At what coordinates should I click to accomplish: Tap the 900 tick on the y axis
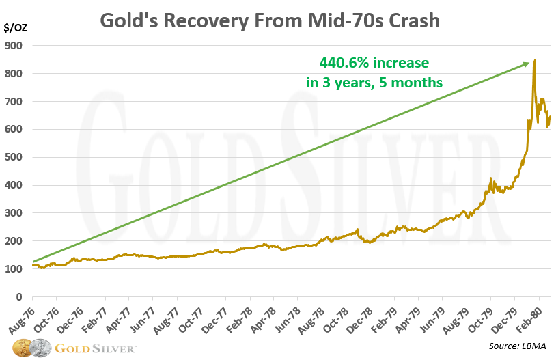pyautogui.click(x=14, y=46)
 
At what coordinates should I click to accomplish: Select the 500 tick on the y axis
pyautogui.click(x=14, y=157)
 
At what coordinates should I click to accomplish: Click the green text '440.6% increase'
pyautogui.click(x=374, y=64)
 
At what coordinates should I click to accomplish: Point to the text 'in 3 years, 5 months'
pyautogui.click(x=374, y=83)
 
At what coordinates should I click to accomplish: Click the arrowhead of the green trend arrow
pyautogui.click(x=527, y=64)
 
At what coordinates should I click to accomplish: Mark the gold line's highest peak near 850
pyautogui.click(x=535, y=60)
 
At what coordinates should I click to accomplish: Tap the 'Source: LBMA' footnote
pyautogui.click(x=518, y=347)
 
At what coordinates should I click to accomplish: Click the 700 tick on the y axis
pyautogui.click(x=14, y=101)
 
